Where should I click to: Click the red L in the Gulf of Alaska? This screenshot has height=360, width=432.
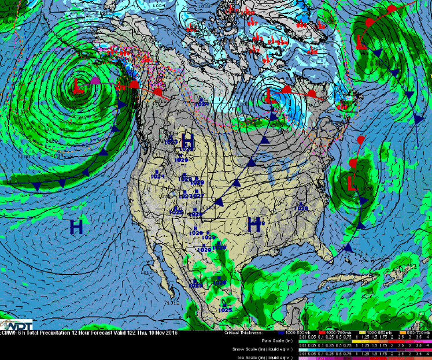79,86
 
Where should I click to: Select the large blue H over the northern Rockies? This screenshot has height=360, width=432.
187,140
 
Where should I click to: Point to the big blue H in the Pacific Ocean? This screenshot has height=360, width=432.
76,227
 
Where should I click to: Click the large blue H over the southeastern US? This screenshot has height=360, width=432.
254,224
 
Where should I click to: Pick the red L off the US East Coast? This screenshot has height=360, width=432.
351,183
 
